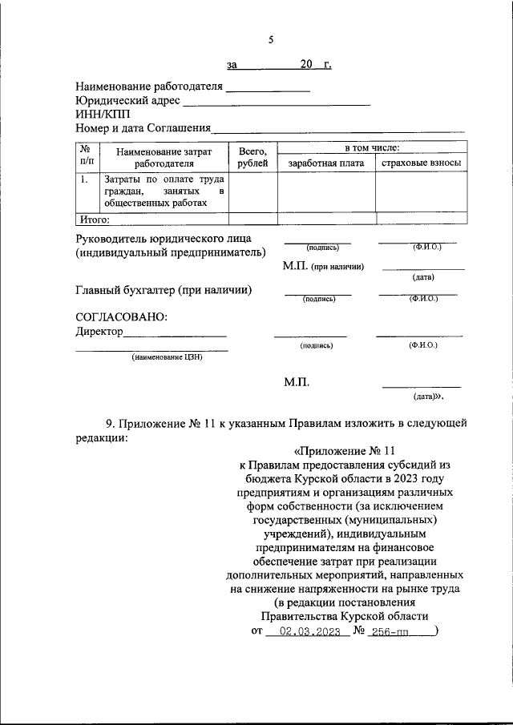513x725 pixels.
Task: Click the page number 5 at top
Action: [271, 40]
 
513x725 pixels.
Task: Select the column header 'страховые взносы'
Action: [422, 163]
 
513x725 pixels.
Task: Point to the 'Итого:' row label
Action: [94, 218]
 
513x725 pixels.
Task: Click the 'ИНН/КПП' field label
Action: [102, 115]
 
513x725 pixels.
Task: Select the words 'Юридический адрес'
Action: [124, 101]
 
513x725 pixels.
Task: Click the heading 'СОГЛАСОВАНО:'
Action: [121, 316]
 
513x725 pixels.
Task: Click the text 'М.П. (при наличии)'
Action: [323, 266]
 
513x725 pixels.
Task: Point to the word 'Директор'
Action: [99, 331]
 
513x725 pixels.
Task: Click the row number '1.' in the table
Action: [84, 179]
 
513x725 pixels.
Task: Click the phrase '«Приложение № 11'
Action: [345, 451]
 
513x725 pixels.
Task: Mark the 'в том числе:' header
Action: [372, 148]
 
